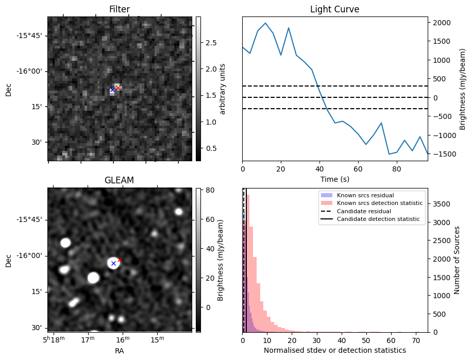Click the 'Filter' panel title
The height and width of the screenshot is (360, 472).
[x=120, y=9]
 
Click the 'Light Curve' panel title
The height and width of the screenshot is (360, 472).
[x=334, y=9]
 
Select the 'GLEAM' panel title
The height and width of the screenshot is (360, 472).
[x=120, y=180]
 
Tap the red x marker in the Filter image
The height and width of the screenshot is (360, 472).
[x=118, y=88]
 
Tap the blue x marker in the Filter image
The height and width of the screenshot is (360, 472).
[x=112, y=90]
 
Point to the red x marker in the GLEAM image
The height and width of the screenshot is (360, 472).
[x=120, y=260]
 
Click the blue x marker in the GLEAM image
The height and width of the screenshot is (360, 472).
[x=113, y=263]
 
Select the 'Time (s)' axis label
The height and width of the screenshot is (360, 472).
[x=334, y=179]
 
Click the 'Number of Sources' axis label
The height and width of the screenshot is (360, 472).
[x=457, y=260]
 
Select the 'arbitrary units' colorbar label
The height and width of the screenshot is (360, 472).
[x=223, y=89]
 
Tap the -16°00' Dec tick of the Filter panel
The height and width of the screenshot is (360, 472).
[x=32, y=72]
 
